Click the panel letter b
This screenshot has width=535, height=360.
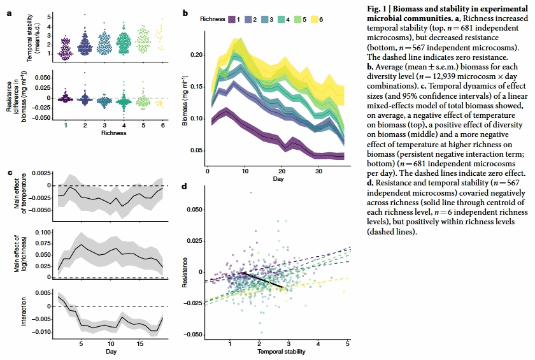pyautogui.click(x=185, y=12)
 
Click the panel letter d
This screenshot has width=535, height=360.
pyautogui.click(x=185, y=186)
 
